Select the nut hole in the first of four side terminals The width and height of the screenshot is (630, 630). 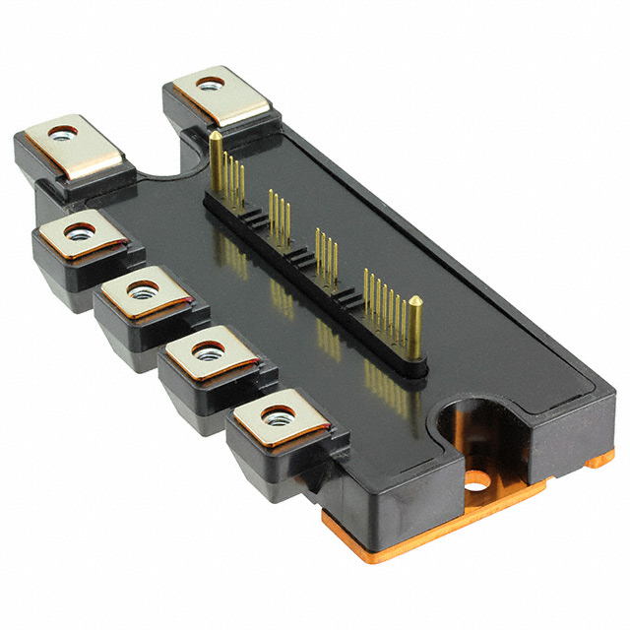[x=77, y=232]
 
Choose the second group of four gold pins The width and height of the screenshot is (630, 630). [x=280, y=213]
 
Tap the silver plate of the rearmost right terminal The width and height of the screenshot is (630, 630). [x=220, y=99]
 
